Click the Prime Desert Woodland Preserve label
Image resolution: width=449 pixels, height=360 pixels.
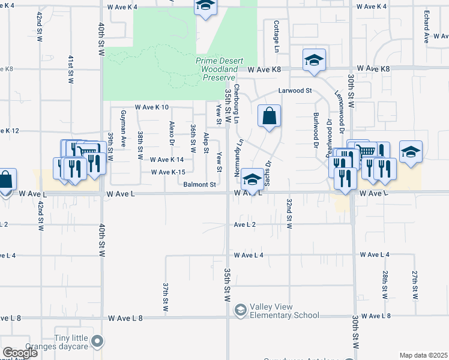click(215, 69)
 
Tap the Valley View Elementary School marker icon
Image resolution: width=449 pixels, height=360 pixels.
click(241, 310)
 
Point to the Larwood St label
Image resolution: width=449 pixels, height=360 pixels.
click(295, 91)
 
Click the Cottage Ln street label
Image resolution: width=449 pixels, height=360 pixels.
click(276, 35)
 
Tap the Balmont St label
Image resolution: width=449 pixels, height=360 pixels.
click(200, 185)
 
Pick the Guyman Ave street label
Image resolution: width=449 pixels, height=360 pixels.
click(123, 129)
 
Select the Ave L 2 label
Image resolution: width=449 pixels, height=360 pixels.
click(245, 224)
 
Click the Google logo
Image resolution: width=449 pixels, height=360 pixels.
click(20, 353)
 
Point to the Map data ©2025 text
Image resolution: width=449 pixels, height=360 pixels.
click(423, 355)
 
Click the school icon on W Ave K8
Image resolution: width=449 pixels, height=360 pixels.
click(314, 59)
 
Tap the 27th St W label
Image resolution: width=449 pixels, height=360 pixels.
click(415, 284)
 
